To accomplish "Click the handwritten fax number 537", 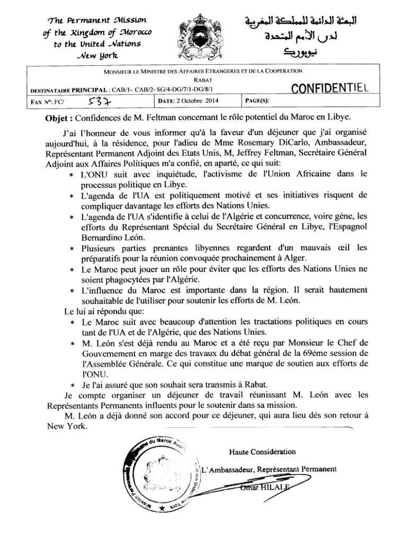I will [x=99, y=99].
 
